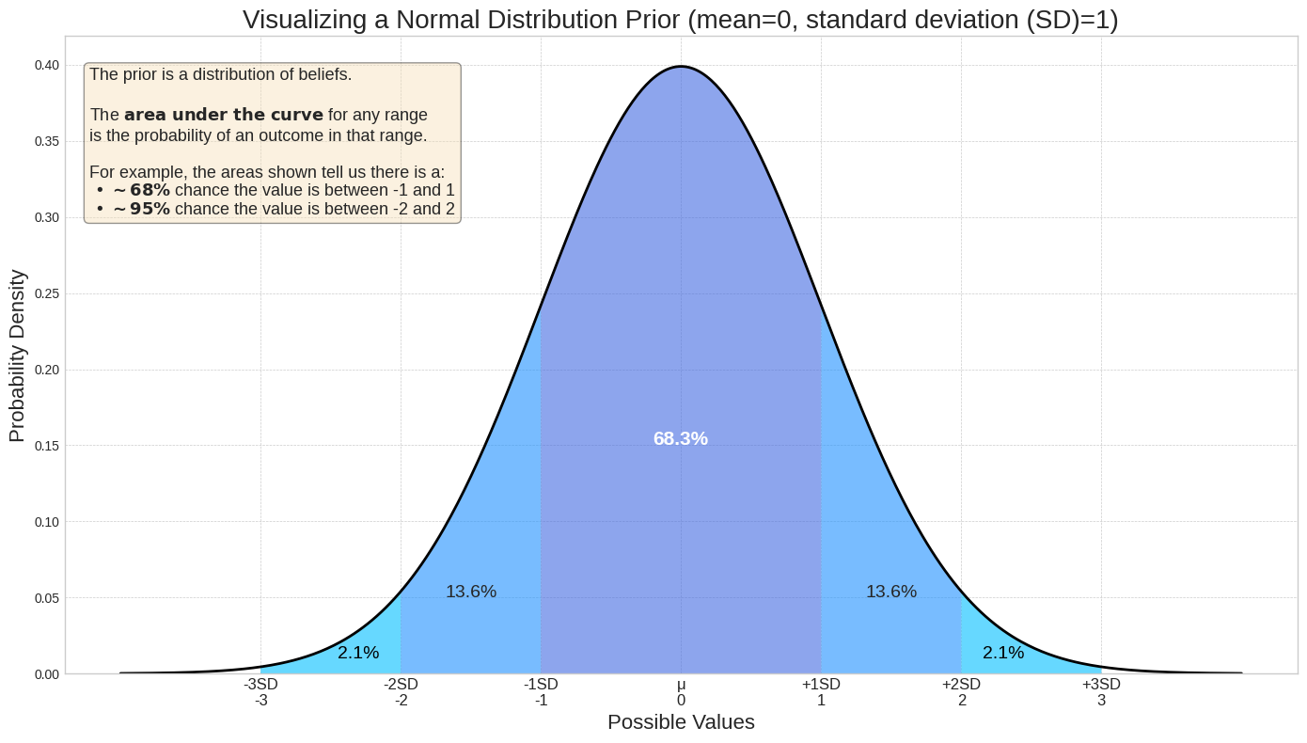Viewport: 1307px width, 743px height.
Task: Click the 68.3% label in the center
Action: coord(680,439)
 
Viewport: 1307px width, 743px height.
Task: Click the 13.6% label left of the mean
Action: coord(470,593)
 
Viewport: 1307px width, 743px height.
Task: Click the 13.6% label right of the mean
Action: coord(890,593)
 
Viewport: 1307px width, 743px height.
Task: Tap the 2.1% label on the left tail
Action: coord(358,653)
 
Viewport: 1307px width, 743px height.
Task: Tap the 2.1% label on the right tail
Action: coord(1002,653)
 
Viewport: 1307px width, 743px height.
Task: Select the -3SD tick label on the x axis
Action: coord(260,685)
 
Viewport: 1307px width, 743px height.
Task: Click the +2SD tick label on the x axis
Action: coord(961,685)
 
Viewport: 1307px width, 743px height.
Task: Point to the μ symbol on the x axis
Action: coord(681,685)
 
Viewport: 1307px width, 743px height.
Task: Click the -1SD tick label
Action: coord(541,685)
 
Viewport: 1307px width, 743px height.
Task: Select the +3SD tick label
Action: coord(1101,685)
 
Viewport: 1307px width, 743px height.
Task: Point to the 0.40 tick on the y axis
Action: coord(47,65)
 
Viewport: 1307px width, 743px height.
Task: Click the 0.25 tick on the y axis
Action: coord(47,293)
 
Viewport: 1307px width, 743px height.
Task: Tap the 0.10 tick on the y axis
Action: coord(47,522)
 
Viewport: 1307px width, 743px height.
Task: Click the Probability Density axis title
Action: coord(18,356)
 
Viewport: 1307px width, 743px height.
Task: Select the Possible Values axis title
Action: coord(681,722)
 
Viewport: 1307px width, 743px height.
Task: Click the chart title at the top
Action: coord(681,20)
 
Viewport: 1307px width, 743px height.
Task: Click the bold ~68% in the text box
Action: coord(141,190)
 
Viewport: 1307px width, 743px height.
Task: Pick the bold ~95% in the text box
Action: coord(141,209)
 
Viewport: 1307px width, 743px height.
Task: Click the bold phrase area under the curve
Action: coord(224,115)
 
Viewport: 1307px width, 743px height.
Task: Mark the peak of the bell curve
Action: coord(681,67)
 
